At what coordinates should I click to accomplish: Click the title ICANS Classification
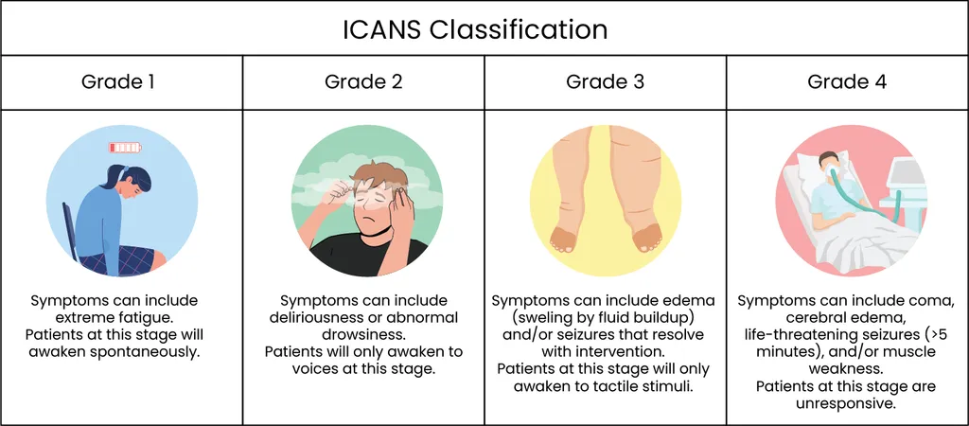tap(475, 29)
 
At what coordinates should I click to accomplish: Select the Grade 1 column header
tap(117, 81)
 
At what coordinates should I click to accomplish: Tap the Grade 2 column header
tap(363, 81)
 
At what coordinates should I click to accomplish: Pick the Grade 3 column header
tap(605, 81)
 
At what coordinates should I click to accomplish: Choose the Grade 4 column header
tap(847, 81)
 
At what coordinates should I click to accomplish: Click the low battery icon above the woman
tap(125, 148)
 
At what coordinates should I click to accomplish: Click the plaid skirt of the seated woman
tap(121, 259)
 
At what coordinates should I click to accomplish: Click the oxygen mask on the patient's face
tap(834, 170)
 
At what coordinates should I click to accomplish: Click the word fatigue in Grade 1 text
tap(142, 318)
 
